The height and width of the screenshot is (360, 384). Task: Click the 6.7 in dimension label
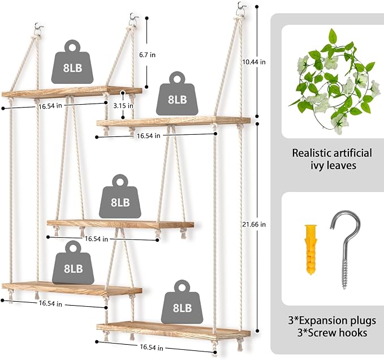[147, 55]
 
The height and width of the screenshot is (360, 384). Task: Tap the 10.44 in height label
[254, 62]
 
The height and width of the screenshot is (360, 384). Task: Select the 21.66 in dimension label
[254, 224]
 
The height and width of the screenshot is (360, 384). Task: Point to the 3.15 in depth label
[123, 106]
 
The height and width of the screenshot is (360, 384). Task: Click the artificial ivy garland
[335, 82]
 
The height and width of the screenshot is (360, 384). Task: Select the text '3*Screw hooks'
[332, 333]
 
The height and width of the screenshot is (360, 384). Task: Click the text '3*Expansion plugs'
[332, 320]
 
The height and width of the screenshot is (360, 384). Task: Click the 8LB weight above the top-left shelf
[72, 62]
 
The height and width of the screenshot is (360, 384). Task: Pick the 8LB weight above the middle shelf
[120, 196]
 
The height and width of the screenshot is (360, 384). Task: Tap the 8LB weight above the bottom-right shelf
[182, 302]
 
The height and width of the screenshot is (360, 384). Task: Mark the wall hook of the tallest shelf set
[240, 8]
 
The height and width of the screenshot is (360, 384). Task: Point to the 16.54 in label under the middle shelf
[96, 239]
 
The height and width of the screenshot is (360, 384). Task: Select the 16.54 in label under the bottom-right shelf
[152, 348]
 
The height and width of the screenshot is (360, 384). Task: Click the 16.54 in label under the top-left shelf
[50, 106]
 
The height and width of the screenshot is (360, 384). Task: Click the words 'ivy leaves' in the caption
[333, 165]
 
